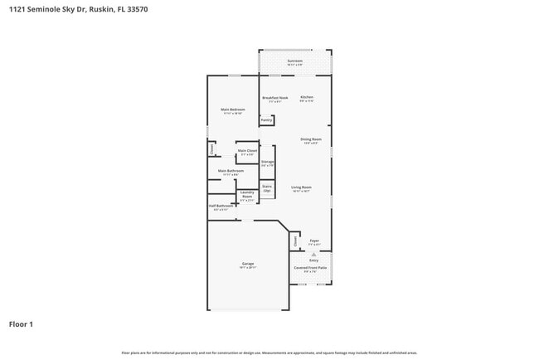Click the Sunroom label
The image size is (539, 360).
[294, 61]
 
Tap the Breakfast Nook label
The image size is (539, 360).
[274, 98]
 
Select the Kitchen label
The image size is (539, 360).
[306, 98]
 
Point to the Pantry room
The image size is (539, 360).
[266, 120]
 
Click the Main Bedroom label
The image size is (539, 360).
[231, 110]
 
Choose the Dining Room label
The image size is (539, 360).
[311, 139]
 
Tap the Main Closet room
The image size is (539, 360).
[247, 152]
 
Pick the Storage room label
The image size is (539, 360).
[267, 163]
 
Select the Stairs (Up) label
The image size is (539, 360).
[267, 188]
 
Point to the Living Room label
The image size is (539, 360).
[301, 188]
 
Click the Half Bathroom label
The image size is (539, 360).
[221, 207]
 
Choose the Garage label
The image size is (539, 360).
[248, 265]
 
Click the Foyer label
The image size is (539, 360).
[313, 242]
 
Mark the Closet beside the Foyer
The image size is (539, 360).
[294, 241]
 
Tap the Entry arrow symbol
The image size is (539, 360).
[313, 255]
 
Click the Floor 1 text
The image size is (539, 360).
[22, 324]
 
